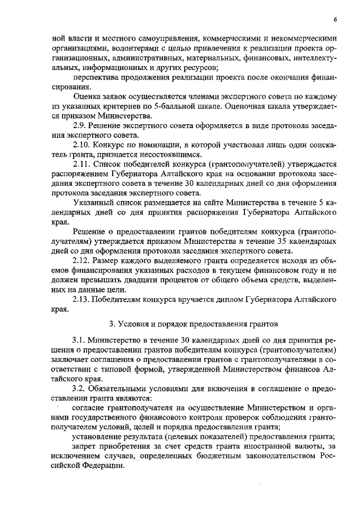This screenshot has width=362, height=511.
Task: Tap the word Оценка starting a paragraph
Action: (87, 97)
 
